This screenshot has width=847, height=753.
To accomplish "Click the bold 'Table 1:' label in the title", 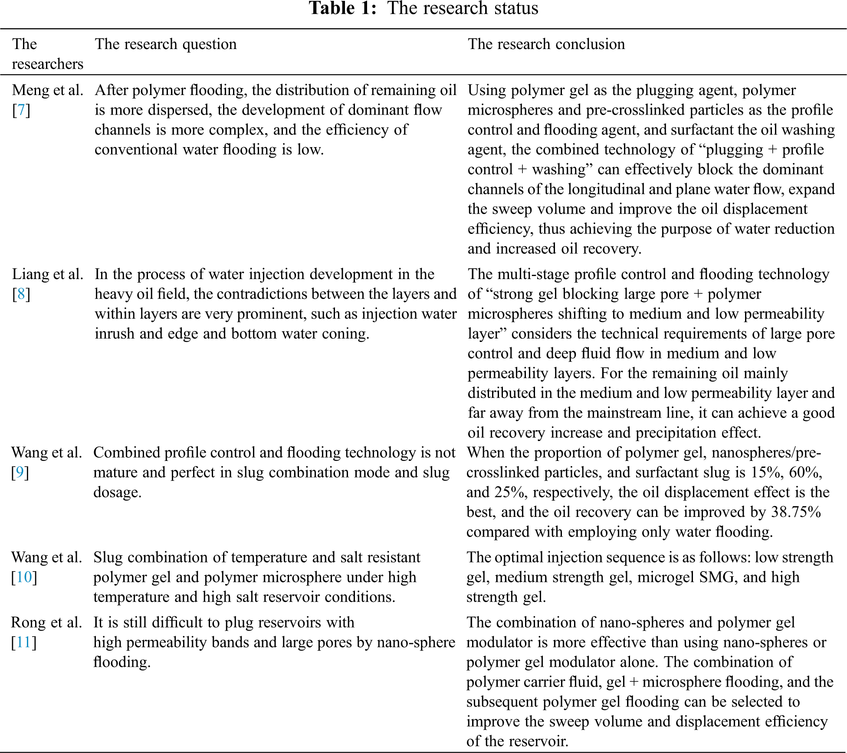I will click(x=342, y=8).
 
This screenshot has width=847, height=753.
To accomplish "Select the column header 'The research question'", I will click(x=166, y=44).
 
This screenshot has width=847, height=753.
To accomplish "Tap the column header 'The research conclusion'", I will click(x=546, y=44).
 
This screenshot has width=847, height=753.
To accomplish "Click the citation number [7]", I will click(x=21, y=110).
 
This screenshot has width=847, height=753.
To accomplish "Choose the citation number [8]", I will click(x=21, y=294).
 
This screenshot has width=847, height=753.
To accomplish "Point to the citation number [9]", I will click(x=20, y=472).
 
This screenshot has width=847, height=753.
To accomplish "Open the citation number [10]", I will click(x=24, y=577).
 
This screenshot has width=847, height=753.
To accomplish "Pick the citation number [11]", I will click(x=24, y=642).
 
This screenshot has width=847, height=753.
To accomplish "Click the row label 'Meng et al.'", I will click(x=47, y=90).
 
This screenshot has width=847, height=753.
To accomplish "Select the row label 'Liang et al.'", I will click(x=47, y=274).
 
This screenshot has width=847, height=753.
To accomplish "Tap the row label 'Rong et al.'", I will click(x=46, y=622).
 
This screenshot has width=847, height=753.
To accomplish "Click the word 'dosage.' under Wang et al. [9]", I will click(x=117, y=492).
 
